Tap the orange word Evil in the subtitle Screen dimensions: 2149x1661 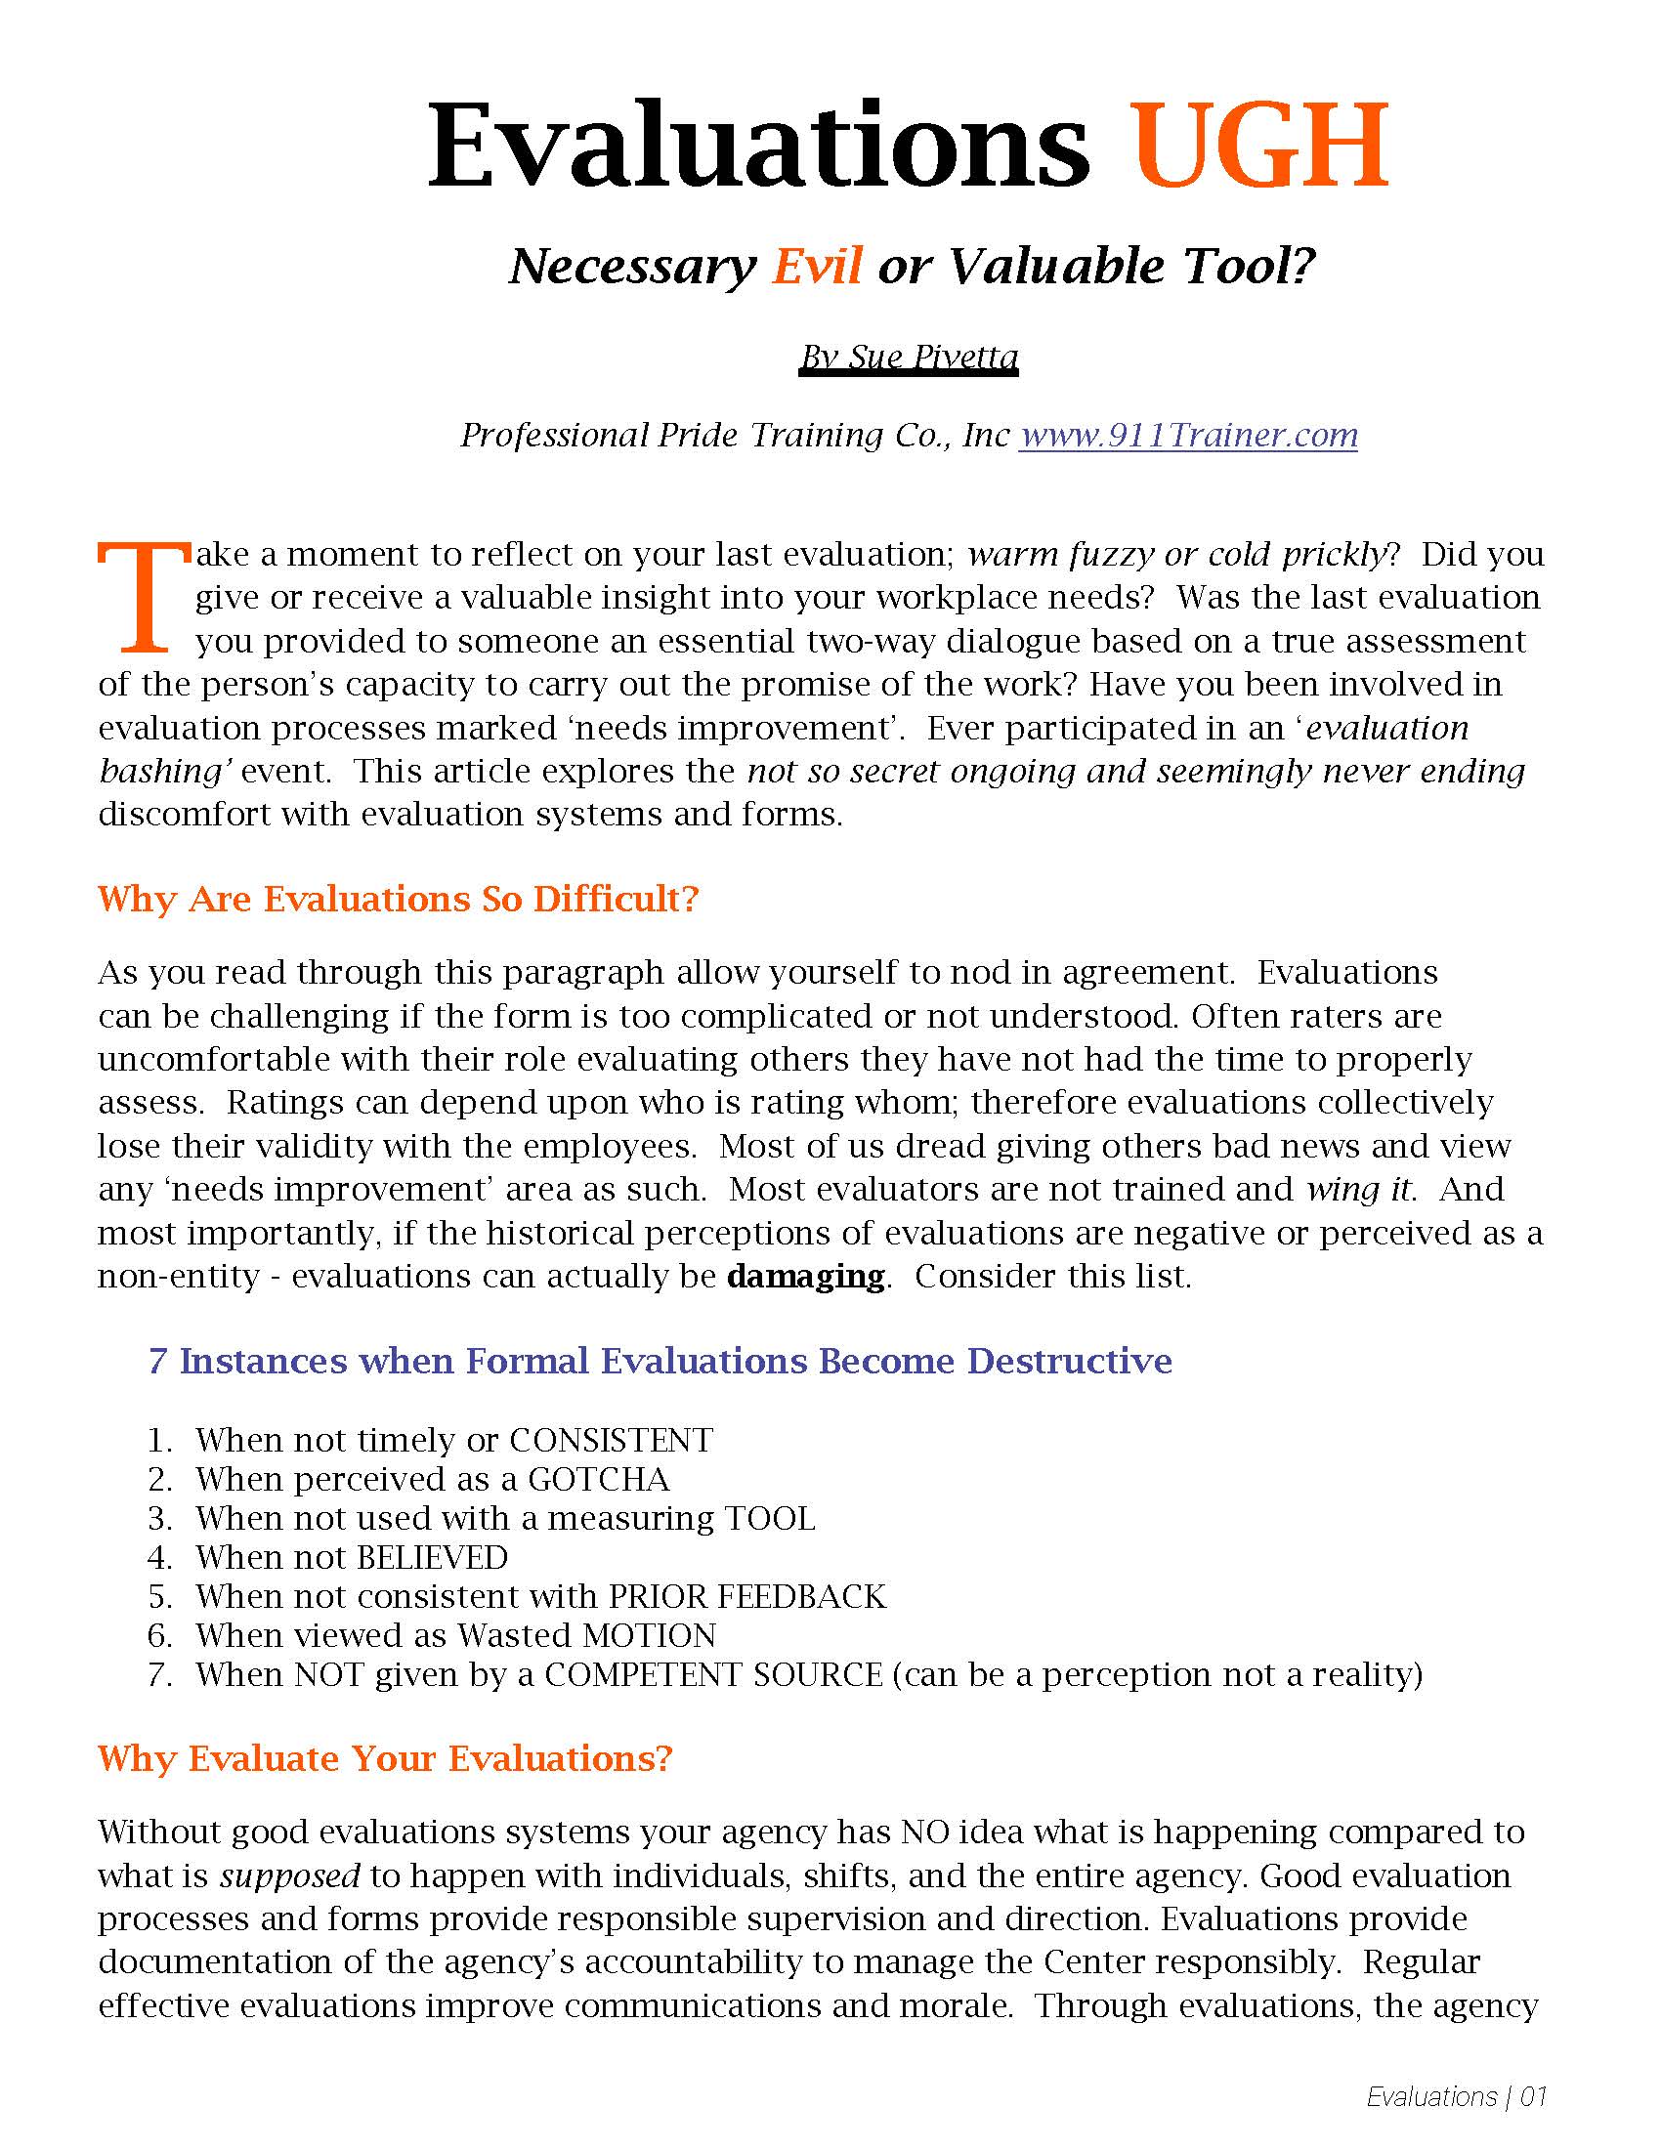pyautogui.click(x=817, y=266)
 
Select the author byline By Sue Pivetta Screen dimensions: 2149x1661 pyautogui.click(x=909, y=357)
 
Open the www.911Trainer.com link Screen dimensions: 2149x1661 pyautogui.click(x=1188, y=435)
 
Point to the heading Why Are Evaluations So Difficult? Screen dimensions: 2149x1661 pyautogui.click(x=398, y=899)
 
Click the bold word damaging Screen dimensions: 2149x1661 pyautogui.click(x=806, y=1277)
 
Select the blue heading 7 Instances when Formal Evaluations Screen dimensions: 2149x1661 pyautogui.click(x=660, y=1361)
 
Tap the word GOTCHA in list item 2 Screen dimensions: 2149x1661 pyautogui.click(x=598, y=1479)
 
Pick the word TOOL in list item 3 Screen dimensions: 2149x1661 pyautogui.click(x=770, y=1518)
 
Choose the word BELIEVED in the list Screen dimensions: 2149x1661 pyautogui.click(x=432, y=1558)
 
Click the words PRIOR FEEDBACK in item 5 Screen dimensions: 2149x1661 pyautogui.click(x=747, y=1596)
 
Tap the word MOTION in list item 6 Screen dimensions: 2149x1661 pyautogui.click(x=650, y=1635)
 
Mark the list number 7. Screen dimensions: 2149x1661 pyautogui.click(x=158, y=1674)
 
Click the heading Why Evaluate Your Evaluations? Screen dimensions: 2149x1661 pyautogui.click(x=385, y=1758)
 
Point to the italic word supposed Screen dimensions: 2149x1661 pyautogui.click(x=289, y=1875)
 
